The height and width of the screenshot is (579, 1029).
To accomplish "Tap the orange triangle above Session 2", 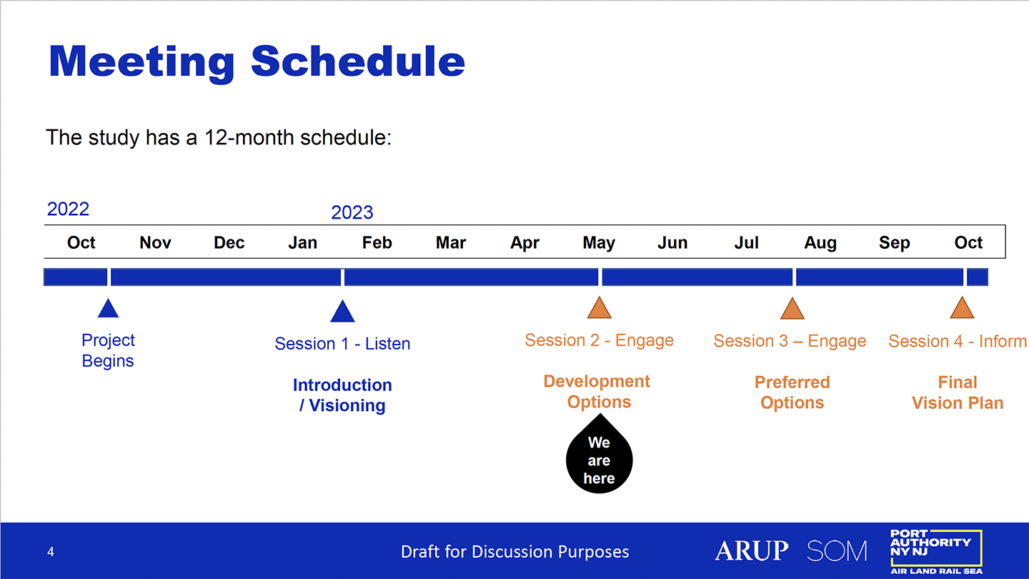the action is (x=599, y=308).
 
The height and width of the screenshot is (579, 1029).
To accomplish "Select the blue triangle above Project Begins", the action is (x=109, y=308).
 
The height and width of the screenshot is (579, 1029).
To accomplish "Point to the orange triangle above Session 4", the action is (x=962, y=308).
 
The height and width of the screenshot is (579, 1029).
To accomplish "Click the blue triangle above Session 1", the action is (x=342, y=311).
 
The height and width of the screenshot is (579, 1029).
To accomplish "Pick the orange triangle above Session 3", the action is (x=792, y=308).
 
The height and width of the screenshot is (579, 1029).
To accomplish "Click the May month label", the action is (x=599, y=243).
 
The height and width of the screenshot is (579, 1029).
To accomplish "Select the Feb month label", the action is (x=377, y=242).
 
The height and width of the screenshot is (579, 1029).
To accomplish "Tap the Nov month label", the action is (x=155, y=242).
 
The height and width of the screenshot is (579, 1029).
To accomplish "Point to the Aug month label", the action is (x=820, y=243).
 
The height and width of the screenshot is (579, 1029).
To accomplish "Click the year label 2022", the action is (x=68, y=209).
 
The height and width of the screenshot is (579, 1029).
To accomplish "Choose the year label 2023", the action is (x=352, y=212).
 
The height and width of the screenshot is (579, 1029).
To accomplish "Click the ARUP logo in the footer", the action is (x=752, y=550).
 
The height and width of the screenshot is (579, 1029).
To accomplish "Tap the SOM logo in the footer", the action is (x=837, y=550).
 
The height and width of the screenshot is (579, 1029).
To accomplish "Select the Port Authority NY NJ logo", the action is (x=936, y=551).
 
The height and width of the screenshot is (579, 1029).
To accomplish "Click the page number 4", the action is (x=51, y=551).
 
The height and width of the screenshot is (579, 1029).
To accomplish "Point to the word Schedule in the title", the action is (x=358, y=61).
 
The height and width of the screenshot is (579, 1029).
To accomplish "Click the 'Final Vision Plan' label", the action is (x=958, y=392).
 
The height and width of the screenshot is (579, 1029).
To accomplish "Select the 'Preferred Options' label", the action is (x=792, y=392).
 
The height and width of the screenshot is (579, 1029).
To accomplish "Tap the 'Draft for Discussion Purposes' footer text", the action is (x=514, y=551).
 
